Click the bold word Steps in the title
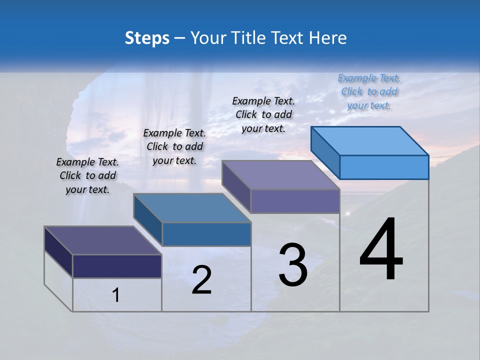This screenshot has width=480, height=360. [147, 38]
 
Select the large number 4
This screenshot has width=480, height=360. [381, 250]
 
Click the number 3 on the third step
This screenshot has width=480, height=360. [292, 265]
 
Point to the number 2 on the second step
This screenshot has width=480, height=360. [201, 280]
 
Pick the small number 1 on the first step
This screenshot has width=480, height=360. [116, 295]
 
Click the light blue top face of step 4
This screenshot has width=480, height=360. [370, 140]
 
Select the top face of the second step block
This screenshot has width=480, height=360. [192, 207]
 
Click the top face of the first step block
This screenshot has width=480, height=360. [103, 240]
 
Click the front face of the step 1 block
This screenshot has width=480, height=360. [117, 266]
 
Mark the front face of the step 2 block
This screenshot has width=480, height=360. [206, 234]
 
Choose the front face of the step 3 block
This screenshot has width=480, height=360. [295, 201]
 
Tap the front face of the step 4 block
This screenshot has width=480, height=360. [384, 167]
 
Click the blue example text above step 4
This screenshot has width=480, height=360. [369, 91]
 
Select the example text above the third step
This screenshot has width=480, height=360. [263, 114]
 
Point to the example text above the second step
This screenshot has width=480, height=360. [174, 146]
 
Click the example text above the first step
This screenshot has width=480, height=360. [87, 175]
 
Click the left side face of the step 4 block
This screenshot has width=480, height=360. [325, 149]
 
